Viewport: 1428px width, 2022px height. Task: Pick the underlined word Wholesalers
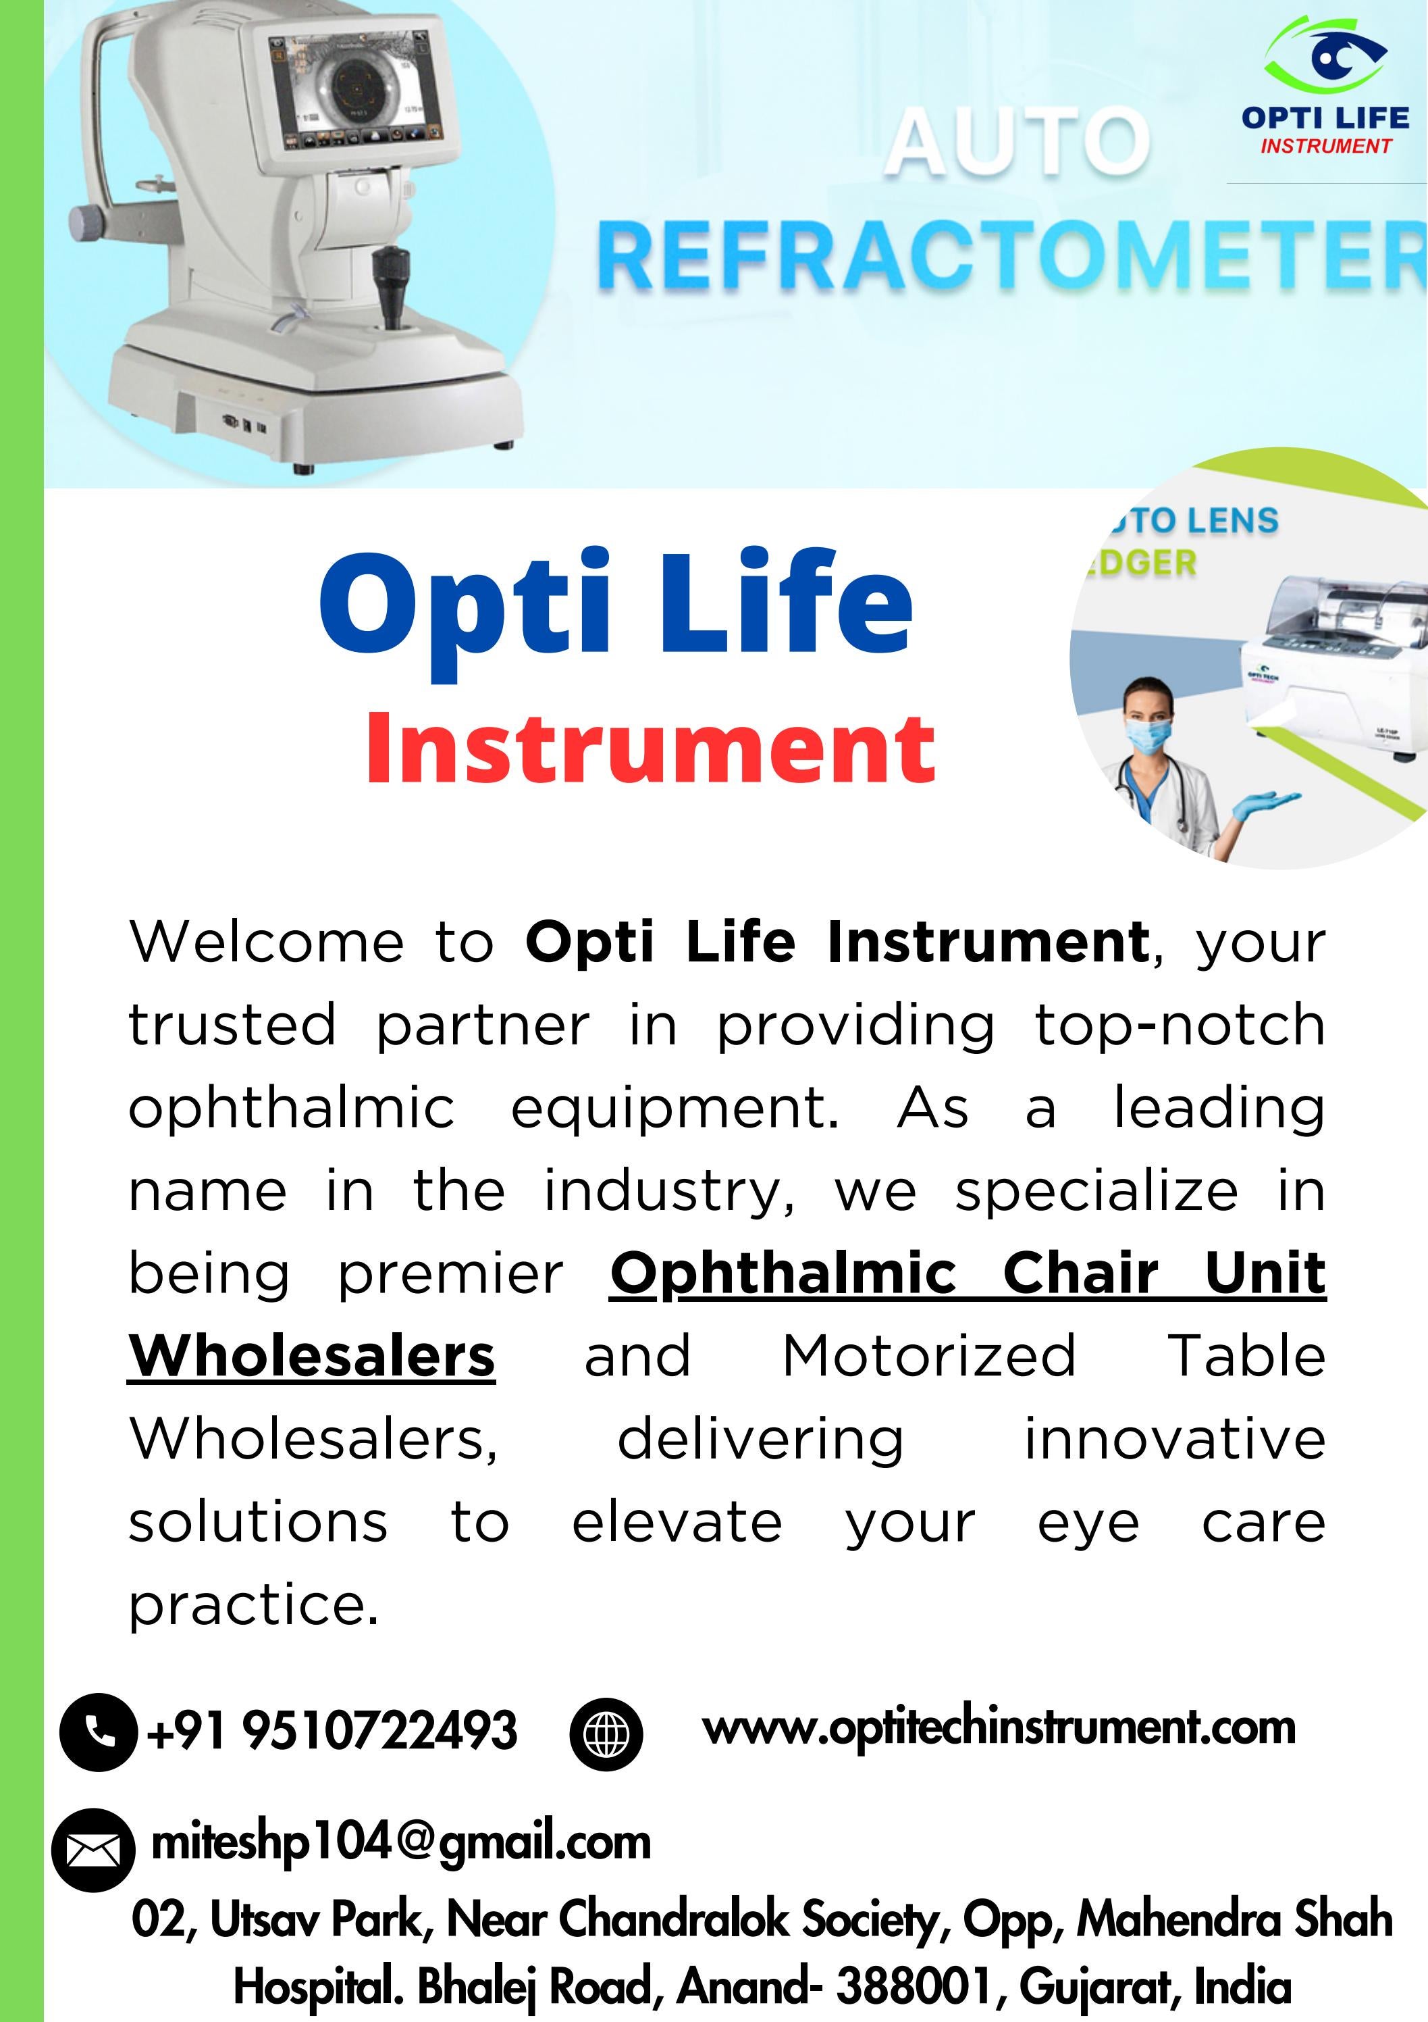click(312, 1357)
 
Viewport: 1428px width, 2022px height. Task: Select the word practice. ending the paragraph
click(254, 1604)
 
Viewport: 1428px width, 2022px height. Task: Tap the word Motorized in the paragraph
click(929, 1357)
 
